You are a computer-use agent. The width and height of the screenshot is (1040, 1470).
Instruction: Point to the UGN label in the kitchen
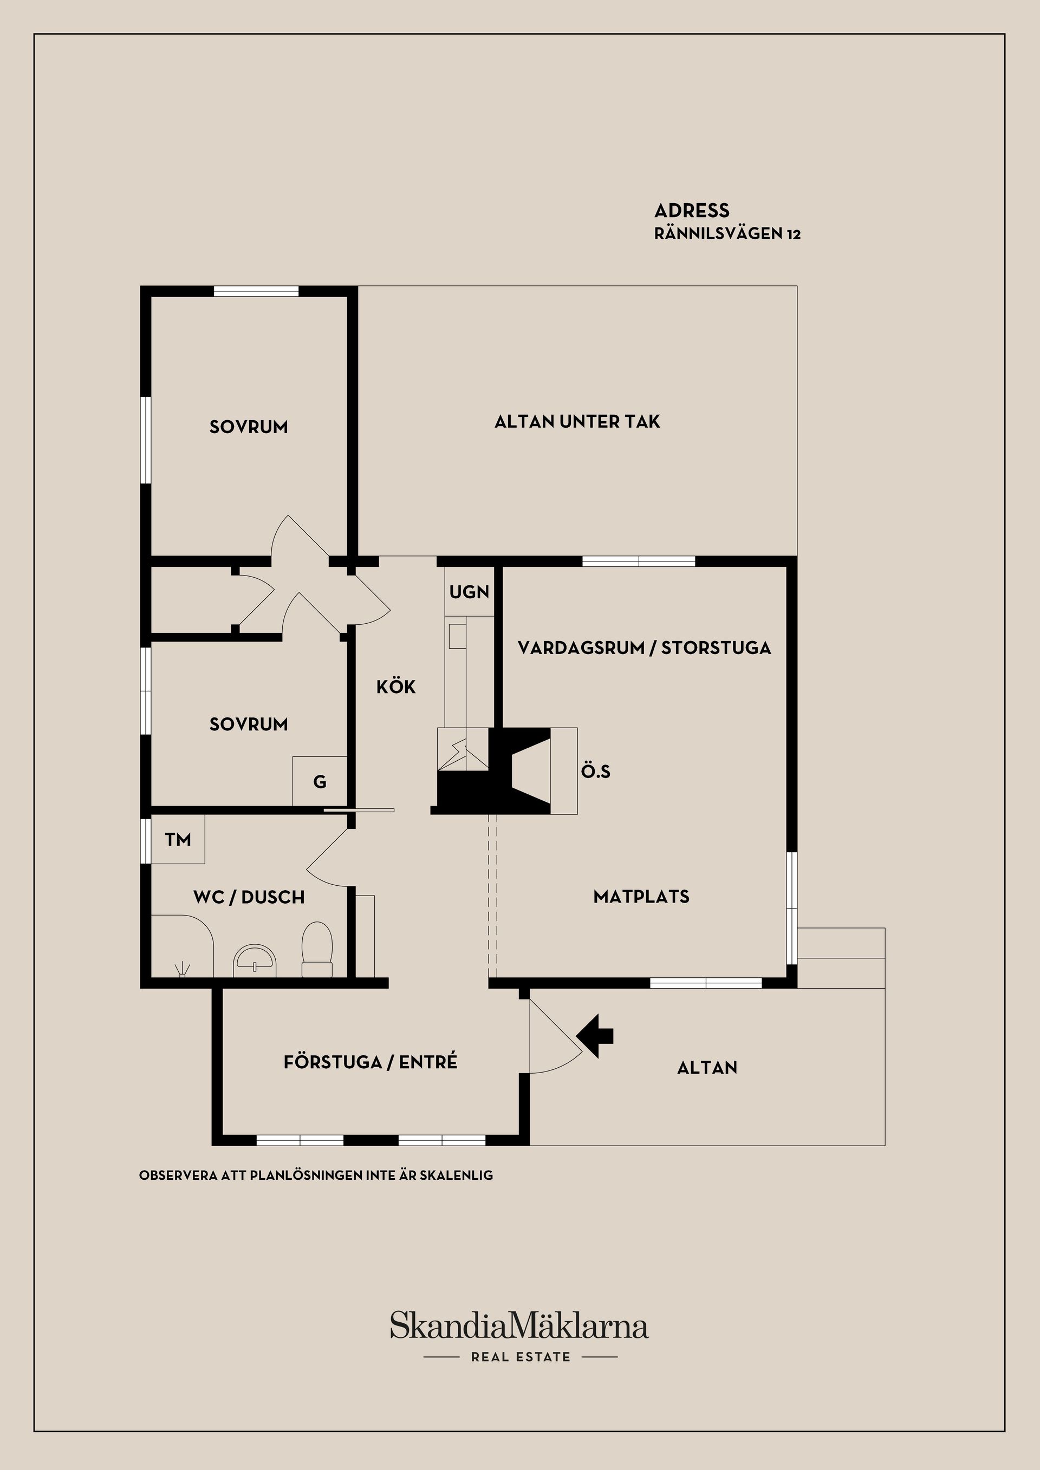(469, 592)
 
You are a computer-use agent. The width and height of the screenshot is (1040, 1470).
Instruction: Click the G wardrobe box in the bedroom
(320, 782)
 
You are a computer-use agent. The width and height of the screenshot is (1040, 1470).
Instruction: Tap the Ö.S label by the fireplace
(596, 772)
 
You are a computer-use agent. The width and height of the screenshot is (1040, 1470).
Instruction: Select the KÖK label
(396, 687)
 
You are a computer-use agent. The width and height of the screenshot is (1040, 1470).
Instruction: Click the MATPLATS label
(641, 896)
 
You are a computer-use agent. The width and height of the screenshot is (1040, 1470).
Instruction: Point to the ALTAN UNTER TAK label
(577, 421)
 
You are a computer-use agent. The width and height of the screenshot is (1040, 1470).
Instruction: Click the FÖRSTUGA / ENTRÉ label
(370, 1062)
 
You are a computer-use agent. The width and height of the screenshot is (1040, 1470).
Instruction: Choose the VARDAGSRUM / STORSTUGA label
(643, 648)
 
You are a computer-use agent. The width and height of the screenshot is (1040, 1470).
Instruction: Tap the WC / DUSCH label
(249, 897)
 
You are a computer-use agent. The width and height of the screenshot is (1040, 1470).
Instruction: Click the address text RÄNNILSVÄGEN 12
(727, 234)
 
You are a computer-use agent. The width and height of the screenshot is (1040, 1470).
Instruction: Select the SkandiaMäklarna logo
(519, 1325)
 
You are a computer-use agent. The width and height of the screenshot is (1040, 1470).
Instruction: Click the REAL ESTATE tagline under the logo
(520, 1357)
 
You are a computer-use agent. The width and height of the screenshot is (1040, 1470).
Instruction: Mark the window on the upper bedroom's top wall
(256, 291)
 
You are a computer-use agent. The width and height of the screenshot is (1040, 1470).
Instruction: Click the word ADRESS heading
(692, 211)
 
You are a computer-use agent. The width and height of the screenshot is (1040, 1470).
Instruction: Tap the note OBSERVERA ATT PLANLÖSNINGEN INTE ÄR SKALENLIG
(316, 1175)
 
